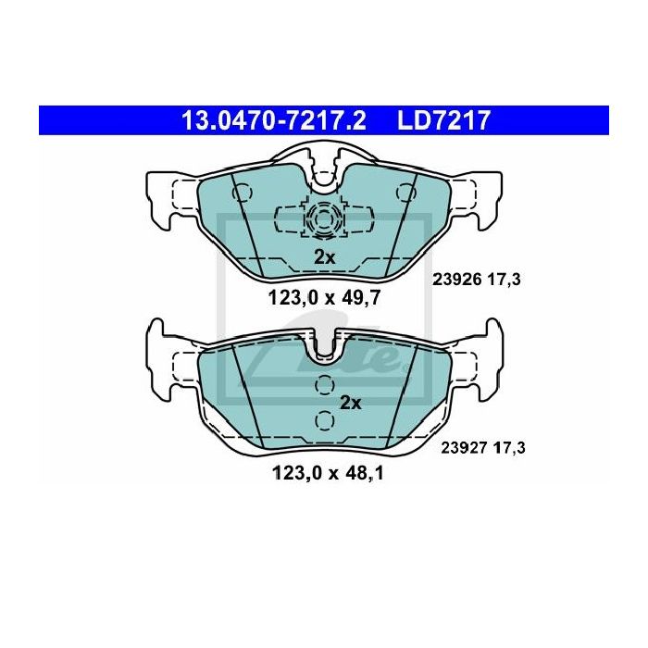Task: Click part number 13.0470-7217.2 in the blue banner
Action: pyautogui.click(x=274, y=120)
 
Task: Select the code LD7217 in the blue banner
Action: pyautogui.click(x=443, y=120)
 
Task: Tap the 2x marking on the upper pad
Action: pyautogui.click(x=325, y=257)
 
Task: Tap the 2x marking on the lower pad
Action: pyautogui.click(x=351, y=403)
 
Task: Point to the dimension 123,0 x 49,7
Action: pyautogui.click(x=324, y=297)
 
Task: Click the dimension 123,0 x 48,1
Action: pyautogui.click(x=329, y=473)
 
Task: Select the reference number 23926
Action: pyautogui.click(x=457, y=280)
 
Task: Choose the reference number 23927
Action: pyautogui.click(x=466, y=447)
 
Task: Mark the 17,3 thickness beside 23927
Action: pyautogui.click(x=509, y=447)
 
